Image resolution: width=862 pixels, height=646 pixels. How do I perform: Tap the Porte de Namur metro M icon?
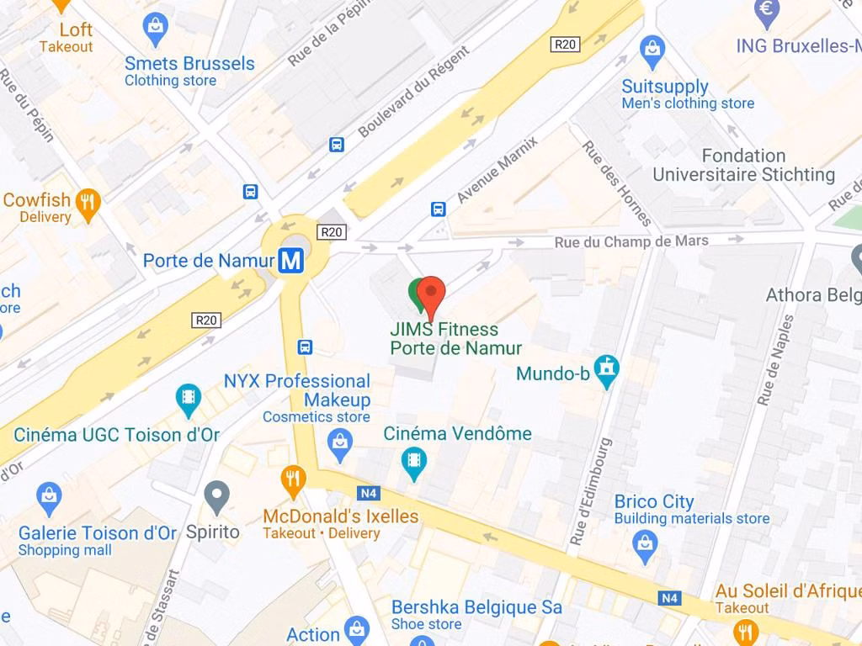tap(291, 261)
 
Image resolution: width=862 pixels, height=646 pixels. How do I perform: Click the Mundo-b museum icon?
tap(606, 368)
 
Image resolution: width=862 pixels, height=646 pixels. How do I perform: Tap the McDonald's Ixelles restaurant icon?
tap(292, 482)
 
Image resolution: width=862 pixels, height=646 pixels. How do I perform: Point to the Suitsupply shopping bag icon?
tap(652, 51)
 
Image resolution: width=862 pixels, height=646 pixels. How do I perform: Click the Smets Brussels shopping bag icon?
tap(156, 29)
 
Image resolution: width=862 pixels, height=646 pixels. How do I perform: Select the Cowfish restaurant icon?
tap(87, 202)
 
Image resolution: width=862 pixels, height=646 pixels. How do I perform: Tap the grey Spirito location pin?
tap(217, 495)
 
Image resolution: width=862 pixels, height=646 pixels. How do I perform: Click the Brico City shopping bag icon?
tap(646, 545)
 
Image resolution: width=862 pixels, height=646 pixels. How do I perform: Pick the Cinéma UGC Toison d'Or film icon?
tap(189, 398)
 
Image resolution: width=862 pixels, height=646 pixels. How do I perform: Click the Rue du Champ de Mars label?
tap(631, 241)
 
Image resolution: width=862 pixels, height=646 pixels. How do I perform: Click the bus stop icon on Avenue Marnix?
tap(438, 209)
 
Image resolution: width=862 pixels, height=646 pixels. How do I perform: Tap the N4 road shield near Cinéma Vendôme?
tap(368, 493)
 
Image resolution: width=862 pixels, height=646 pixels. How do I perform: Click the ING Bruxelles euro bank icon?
tap(767, 10)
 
